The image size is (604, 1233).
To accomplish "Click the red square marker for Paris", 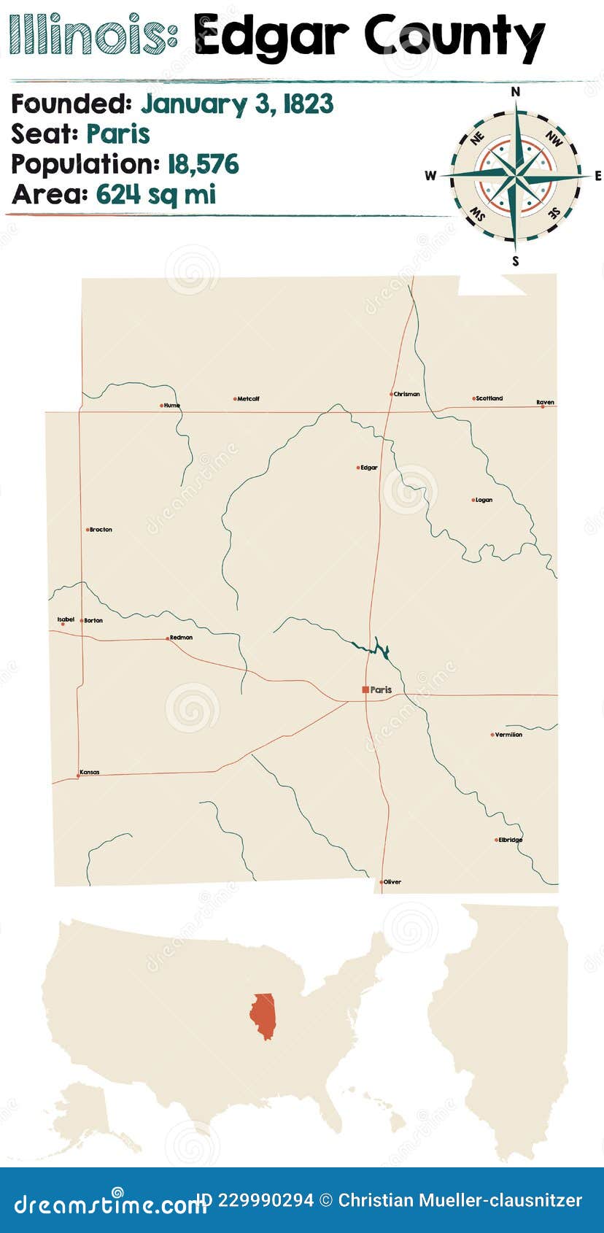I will [x=365, y=689].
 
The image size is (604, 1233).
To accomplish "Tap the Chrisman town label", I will [x=406, y=394].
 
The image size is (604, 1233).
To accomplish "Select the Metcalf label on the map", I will [x=248, y=399].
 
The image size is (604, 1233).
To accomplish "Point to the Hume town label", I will [x=171, y=406].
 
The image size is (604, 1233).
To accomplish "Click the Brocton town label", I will [x=101, y=530].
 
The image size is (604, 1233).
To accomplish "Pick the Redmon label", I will [x=181, y=638].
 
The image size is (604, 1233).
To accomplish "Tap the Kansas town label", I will [x=89, y=772].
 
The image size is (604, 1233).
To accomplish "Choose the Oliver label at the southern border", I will [x=392, y=882].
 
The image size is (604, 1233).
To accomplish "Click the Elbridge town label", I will [x=511, y=840].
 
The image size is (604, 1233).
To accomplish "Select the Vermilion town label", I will [x=508, y=735].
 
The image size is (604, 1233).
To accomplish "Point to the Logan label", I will [x=484, y=500].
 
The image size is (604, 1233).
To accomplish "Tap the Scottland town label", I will [x=489, y=398].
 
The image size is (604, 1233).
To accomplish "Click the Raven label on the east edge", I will [x=545, y=402].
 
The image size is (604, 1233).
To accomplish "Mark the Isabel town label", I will [x=66, y=619].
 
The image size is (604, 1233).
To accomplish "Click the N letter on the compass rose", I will [x=515, y=91].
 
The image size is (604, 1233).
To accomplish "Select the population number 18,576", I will [x=203, y=164].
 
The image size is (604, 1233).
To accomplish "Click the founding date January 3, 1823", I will [x=237, y=104].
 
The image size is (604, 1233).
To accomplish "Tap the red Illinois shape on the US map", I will [x=263, y=1016].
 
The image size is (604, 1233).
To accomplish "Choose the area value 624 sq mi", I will [x=155, y=195].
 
